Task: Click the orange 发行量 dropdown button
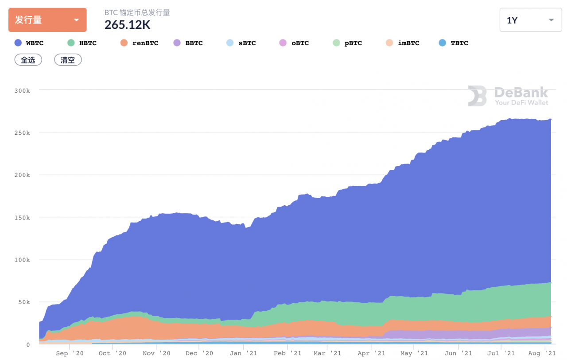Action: coord(47,20)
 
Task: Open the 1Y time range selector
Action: coord(530,20)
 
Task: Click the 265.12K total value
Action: coord(128,25)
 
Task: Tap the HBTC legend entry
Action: coord(82,43)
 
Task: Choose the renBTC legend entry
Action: coord(139,43)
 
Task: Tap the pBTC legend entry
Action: coord(347,43)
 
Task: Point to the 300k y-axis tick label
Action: coord(22,90)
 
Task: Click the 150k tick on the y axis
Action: coord(22,218)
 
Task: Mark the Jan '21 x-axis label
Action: coord(243,353)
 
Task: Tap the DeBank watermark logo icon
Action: coord(477,96)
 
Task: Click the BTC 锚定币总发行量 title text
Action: coord(137,12)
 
